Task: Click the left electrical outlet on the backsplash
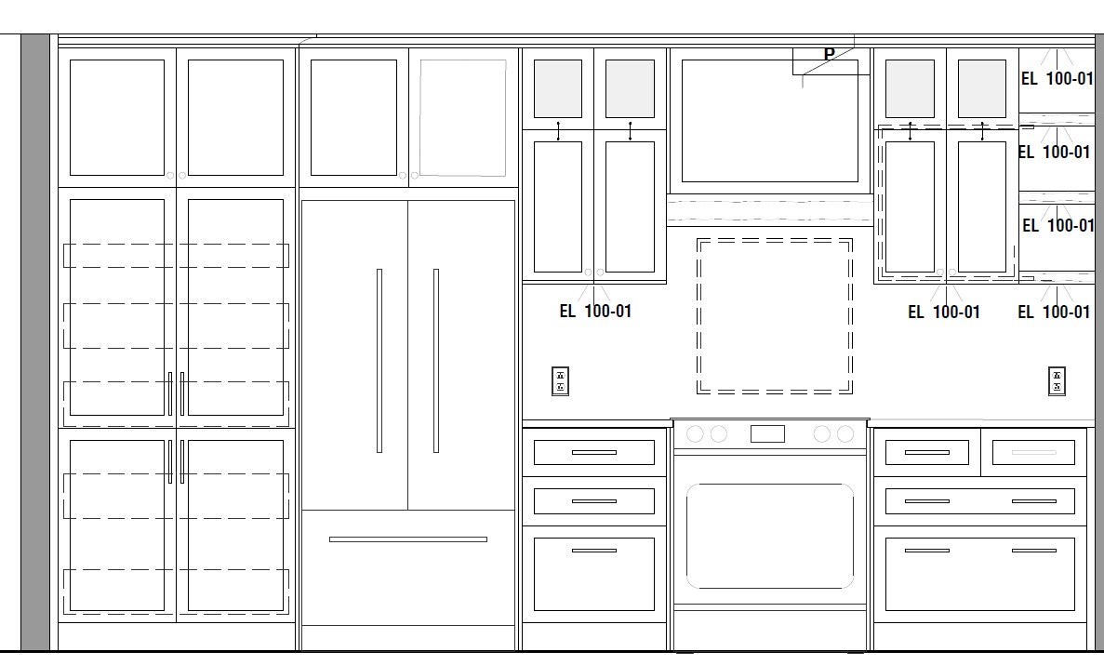pos(561,381)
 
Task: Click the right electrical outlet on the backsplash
pos(1057,381)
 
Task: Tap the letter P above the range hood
pos(830,54)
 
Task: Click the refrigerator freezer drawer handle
pos(407,539)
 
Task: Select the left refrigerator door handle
pos(379,361)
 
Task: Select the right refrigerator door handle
pos(436,361)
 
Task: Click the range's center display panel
pos(767,434)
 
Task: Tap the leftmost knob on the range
pos(695,434)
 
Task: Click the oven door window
pos(769,536)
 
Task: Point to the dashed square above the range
pos(775,240)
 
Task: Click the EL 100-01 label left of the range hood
pos(595,311)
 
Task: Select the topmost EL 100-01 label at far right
pos(1057,78)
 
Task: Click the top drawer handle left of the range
pos(594,452)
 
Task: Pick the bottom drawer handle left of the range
pos(594,551)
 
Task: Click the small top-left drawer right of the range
pos(926,452)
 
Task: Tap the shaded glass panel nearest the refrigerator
pos(558,88)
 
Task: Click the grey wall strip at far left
pos(35,342)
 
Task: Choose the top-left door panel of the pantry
pos(117,117)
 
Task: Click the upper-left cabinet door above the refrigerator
pos(353,117)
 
